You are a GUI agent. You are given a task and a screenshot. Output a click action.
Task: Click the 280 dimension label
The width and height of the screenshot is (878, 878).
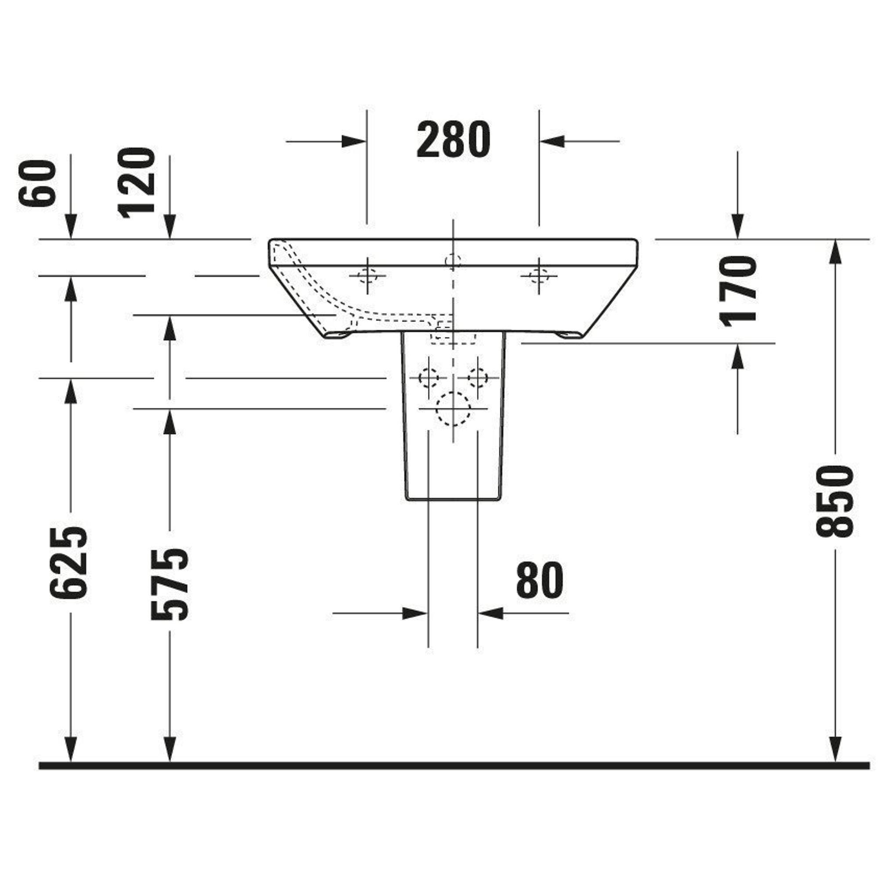tap(453, 140)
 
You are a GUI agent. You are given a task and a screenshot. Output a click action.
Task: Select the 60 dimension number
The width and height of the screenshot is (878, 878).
tap(37, 183)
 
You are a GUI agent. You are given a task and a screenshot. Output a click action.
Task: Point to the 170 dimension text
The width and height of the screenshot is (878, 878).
tap(738, 291)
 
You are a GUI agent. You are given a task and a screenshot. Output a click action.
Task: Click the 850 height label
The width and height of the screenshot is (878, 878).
tap(835, 501)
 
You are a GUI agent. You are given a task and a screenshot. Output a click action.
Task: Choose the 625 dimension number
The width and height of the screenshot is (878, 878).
tap(68, 563)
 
